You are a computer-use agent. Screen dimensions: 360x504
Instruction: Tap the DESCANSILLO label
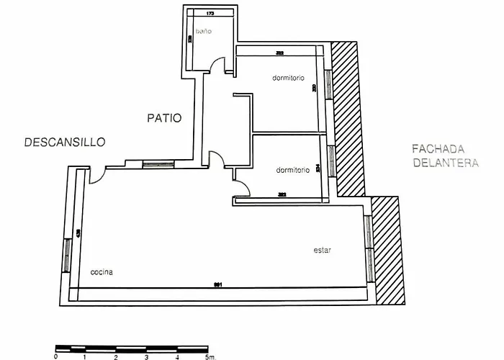click(x=64, y=142)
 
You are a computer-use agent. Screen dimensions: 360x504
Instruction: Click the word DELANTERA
click(x=445, y=163)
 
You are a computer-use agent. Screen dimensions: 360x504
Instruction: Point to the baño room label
click(x=205, y=32)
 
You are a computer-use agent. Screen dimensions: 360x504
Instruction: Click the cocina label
click(x=102, y=272)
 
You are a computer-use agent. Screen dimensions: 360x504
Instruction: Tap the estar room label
click(x=322, y=251)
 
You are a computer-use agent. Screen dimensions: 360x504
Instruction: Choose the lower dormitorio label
click(x=292, y=171)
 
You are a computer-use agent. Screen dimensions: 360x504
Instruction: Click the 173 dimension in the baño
click(x=210, y=14)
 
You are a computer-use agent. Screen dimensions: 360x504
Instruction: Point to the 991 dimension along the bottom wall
click(x=217, y=286)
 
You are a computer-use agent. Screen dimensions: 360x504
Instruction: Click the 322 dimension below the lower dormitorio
click(x=282, y=194)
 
